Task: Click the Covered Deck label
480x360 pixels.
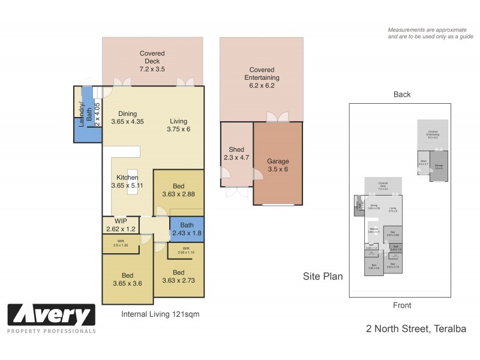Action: (152, 53)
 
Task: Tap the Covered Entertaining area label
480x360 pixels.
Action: (262, 70)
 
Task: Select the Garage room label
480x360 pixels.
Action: (278, 161)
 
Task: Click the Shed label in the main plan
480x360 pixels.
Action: (235, 149)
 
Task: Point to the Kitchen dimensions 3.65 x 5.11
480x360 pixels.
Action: (128, 186)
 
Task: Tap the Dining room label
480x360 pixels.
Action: (127, 113)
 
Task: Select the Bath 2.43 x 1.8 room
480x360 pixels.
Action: (182, 229)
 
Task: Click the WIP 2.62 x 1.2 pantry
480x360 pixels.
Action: (122, 224)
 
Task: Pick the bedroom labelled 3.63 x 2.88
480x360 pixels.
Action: (178, 190)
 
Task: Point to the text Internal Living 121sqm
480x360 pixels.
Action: (160, 314)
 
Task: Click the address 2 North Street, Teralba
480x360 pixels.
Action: (416, 328)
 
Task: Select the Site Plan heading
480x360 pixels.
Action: (323, 277)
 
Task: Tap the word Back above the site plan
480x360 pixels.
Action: (402, 94)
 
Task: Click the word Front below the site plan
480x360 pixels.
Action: (402, 305)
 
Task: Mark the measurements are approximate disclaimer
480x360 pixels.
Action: (430, 33)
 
